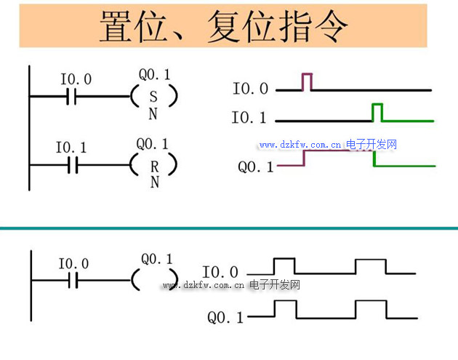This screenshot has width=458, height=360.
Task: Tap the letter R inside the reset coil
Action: click(x=154, y=166)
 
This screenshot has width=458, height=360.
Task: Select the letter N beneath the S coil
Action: click(x=153, y=113)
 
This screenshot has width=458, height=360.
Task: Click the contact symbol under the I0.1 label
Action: click(x=71, y=166)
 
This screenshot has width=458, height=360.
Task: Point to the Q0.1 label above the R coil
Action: click(x=153, y=144)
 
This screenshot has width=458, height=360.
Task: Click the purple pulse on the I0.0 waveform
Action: click(x=307, y=81)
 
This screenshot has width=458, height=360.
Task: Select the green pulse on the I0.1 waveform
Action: click(x=377, y=112)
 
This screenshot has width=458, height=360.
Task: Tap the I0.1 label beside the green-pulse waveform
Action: click(x=249, y=118)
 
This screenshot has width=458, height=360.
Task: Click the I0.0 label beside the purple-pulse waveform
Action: click(x=250, y=89)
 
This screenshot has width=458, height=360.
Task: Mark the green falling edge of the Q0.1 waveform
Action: click(x=374, y=159)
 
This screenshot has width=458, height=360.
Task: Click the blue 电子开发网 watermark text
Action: click(x=371, y=145)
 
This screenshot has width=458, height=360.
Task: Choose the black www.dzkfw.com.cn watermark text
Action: click(x=203, y=285)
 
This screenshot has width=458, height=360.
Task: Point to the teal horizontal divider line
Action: click(x=229, y=228)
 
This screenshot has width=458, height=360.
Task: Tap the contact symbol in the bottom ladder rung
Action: click(x=71, y=280)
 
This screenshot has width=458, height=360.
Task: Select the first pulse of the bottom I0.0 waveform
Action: click(x=284, y=265)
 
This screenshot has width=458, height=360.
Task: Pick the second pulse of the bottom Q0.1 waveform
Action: click(x=371, y=308)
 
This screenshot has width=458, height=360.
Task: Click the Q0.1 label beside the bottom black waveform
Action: click(x=225, y=318)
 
